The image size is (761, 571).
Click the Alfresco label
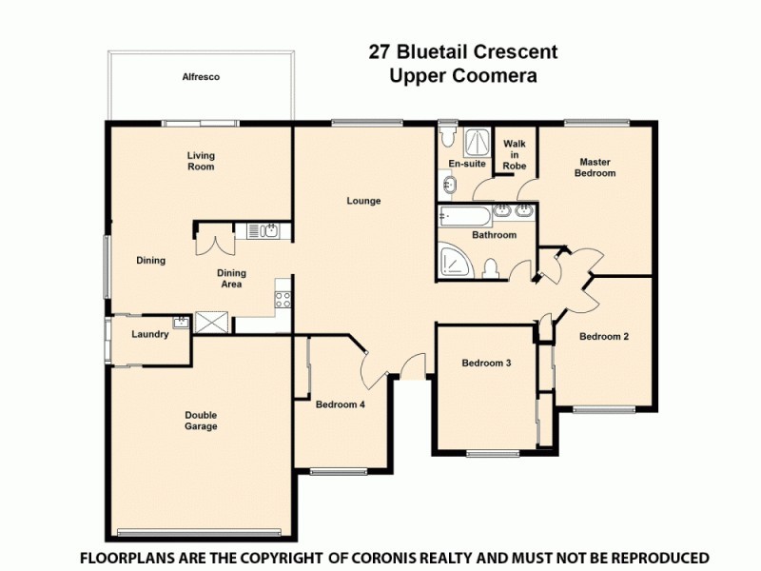tap(201, 77)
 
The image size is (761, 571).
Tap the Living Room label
tap(201, 161)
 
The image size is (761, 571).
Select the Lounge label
tap(363, 201)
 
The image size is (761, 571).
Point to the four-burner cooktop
tap(283, 299)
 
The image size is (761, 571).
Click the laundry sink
tap(179, 323)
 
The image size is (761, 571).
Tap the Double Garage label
tap(201, 421)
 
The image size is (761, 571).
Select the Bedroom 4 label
tap(341, 404)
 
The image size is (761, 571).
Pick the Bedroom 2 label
tap(604, 336)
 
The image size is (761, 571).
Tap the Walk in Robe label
tap(515, 154)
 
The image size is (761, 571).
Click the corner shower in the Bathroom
tap(454, 261)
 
